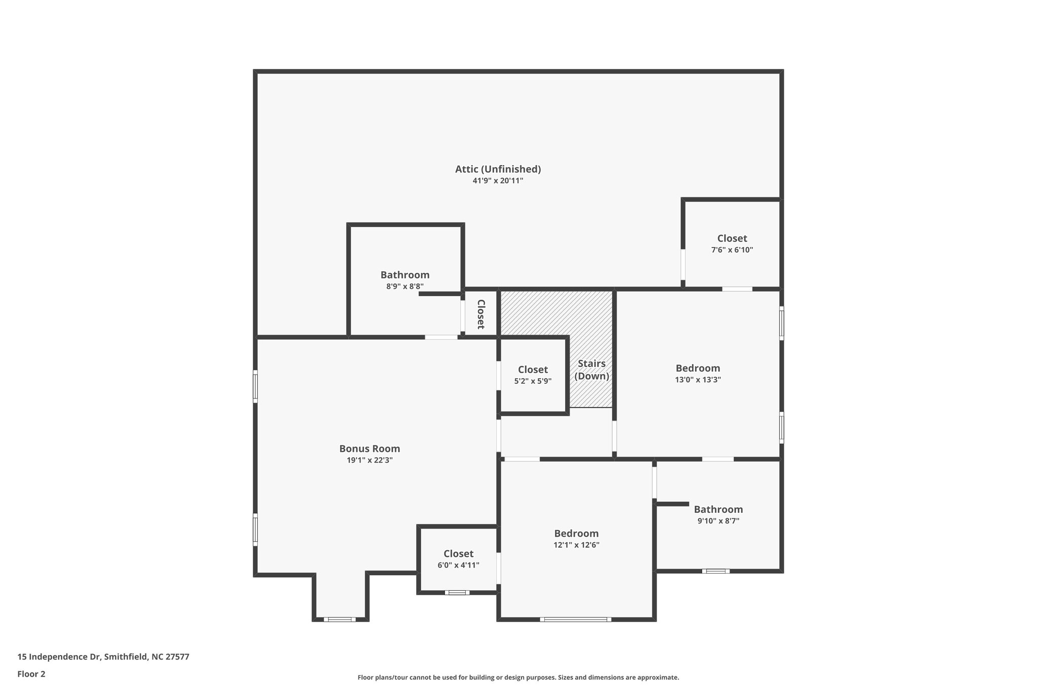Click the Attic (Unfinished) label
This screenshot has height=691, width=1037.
[x=498, y=169]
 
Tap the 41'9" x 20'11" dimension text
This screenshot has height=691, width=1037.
[x=498, y=181]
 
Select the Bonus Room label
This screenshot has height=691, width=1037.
[x=370, y=449]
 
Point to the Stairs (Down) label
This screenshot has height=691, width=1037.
[x=591, y=370]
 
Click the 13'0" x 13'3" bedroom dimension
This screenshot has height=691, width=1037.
[x=698, y=380]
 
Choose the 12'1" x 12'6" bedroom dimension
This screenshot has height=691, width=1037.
[x=576, y=545]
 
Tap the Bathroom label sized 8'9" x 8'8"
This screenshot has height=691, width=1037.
[x=405, y=275]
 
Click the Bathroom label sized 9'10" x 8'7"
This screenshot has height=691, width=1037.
[x=718, y=509]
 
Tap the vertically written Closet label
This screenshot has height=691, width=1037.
[x=481, y=314]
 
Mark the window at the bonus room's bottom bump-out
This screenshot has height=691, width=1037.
[x=340, y=619]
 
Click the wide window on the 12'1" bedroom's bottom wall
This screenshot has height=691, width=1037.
[x=575, y=619]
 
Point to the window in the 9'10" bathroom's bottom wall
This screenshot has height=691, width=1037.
[x=715, y=571]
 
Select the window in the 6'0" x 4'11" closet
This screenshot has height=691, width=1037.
[x=457, y=592]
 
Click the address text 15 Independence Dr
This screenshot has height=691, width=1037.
[x=103, y=657]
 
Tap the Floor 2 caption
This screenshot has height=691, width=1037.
[x=31, y=674]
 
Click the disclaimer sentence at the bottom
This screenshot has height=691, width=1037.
[x=518, y=677]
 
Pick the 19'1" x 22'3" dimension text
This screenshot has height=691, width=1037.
[x=370, y=460]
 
